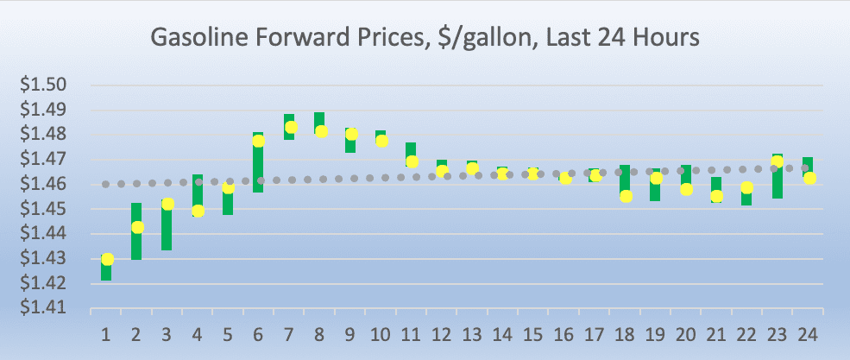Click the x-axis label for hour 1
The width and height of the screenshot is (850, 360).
pos(106,332)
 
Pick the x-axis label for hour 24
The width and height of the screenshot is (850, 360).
pos(808,332)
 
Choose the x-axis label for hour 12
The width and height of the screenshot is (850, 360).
pos(441,332)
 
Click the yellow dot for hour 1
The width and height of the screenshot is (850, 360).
pos(107,259)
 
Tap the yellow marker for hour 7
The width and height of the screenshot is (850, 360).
pos(291,128)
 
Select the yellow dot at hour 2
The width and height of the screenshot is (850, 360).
pos(137,227)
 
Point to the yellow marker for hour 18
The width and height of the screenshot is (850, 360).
pos(626,196)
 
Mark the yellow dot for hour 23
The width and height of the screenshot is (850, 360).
pos(777,161)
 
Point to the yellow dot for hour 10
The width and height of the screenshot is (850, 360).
pos(381,141)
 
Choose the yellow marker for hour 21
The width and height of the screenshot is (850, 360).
pos(716,196)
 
